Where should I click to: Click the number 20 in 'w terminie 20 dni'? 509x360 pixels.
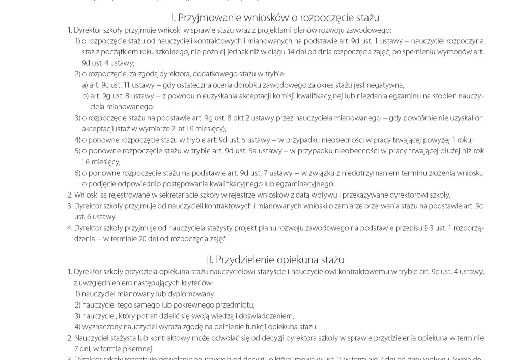pos(169,239)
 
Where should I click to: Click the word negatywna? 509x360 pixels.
pos(388,85)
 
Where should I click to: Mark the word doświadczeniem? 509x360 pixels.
pos(266,316)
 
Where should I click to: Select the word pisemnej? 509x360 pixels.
pos(137,349)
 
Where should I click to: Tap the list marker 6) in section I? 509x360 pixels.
pos(78,173)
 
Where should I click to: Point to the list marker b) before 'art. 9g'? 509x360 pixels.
pos(85,96)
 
